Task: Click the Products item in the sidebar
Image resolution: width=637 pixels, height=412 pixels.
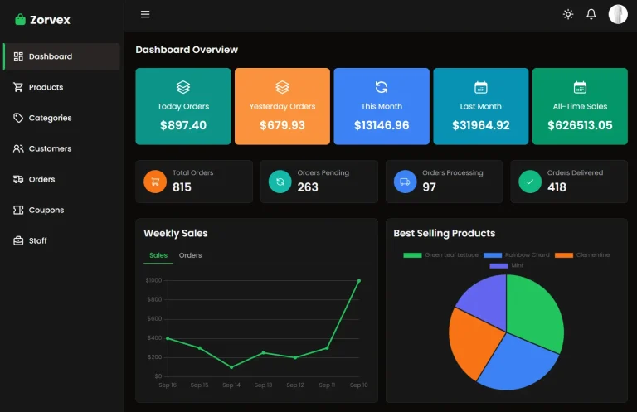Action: tap(46, 87)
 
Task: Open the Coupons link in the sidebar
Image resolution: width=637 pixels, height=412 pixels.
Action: tap(46, 211)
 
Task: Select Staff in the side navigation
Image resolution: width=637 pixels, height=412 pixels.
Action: tap(37, 241)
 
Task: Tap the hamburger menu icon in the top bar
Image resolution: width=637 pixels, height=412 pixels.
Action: tap(145, 14)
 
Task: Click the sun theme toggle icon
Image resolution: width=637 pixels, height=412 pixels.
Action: tap(568, 14)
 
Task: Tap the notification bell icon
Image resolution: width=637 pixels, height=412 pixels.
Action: tap(591, 14)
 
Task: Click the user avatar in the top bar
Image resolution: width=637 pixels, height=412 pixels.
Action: tap(618, 14)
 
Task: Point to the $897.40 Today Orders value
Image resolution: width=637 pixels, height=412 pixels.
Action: tap(183, 126)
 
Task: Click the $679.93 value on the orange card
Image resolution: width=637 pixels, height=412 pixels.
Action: tap(282, 126)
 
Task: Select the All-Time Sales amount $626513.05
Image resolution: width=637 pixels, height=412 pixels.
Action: tap(580, 126)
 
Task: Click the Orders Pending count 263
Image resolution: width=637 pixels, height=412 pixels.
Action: tap(308, 187)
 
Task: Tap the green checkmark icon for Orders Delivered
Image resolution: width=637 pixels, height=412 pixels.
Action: tap(530, 182)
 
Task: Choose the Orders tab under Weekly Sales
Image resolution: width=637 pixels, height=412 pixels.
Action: tap(190, 255)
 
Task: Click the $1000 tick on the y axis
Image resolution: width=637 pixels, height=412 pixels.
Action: tap(153, 280)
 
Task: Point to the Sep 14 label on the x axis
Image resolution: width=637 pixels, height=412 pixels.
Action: tap(231, 385)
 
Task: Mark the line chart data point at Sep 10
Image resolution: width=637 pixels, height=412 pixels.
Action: tap(359, 281)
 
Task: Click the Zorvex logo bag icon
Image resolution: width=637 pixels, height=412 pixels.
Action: tap(20, 19)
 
